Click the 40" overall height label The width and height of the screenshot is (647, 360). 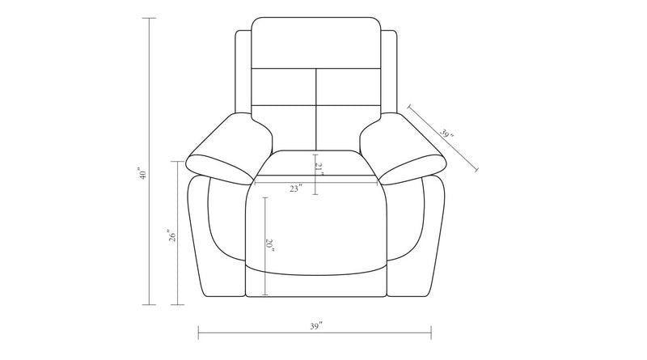tap(142, 173)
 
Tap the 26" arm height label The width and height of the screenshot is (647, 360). tap(172, 235)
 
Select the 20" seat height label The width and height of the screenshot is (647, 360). tap(270, 245)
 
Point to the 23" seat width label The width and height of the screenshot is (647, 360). tap(296, 188)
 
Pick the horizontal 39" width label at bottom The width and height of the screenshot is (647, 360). tap(316, 327)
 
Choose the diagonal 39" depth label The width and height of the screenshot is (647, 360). tap(447, 134)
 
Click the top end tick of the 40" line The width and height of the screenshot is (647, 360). tap(149, 18)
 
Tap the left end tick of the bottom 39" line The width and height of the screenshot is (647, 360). tap(198, 332)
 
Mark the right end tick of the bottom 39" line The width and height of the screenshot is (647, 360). tap(431, 332)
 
